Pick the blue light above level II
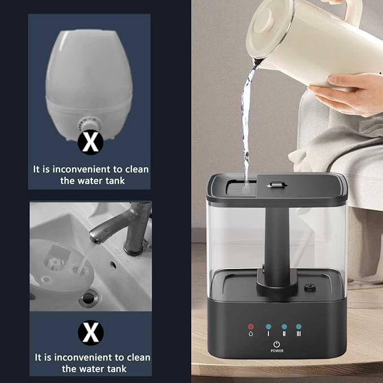tap(284, 326)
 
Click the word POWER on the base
tap(276, 350)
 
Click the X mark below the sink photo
tap(90, 332)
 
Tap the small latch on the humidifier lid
tap(276, 185)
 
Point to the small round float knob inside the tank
tap(309, 286)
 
